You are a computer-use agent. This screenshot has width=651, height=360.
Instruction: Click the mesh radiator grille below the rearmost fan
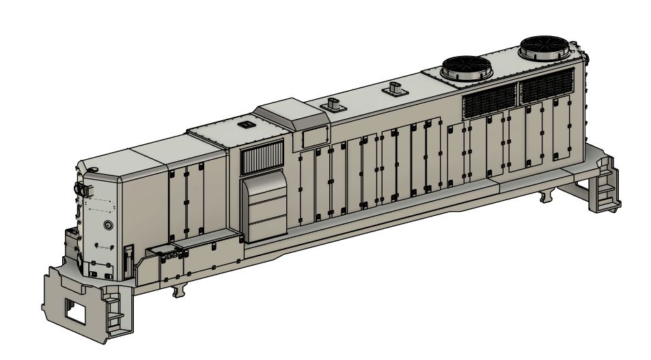point(546,85)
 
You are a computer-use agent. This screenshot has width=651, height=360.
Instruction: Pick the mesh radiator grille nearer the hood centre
point(488,100)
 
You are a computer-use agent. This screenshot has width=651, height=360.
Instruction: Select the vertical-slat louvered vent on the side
point(262,159)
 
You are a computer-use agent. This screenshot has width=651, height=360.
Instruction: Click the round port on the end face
point(107,225)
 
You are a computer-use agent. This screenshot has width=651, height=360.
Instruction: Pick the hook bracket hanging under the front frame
point(179,291)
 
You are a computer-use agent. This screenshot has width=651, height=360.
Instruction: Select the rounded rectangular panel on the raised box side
point(314,137)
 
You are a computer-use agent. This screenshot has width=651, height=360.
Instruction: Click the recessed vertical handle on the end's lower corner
point(127,256)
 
